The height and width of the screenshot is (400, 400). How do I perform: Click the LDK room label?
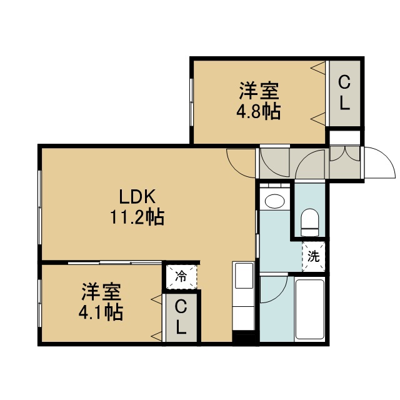point(137,196)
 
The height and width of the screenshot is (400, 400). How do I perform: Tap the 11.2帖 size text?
point(137,217)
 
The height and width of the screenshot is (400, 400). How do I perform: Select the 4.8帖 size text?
point(259,111)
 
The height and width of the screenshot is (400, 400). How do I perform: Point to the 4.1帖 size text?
point(101,312)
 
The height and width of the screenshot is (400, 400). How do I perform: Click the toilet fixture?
point(310,222)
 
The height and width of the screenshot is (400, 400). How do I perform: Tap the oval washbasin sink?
point(275,201)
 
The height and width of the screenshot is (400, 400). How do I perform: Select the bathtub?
point(310,309)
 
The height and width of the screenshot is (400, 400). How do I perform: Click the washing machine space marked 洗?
point(314,256)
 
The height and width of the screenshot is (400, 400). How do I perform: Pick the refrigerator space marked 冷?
point(181,277)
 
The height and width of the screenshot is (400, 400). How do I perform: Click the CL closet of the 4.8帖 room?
point(344,93)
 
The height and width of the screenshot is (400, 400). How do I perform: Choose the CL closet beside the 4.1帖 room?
point(181,317)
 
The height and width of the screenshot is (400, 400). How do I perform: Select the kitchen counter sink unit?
point(244,296)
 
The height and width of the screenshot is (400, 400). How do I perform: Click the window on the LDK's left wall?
point(39,208)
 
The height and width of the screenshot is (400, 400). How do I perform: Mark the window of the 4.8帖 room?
point(192,102)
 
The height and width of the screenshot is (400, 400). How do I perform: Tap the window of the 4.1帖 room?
point(39,303)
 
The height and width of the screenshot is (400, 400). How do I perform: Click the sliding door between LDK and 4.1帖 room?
point(115,262)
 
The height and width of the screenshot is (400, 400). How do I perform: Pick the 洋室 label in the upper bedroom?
point(259,91)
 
